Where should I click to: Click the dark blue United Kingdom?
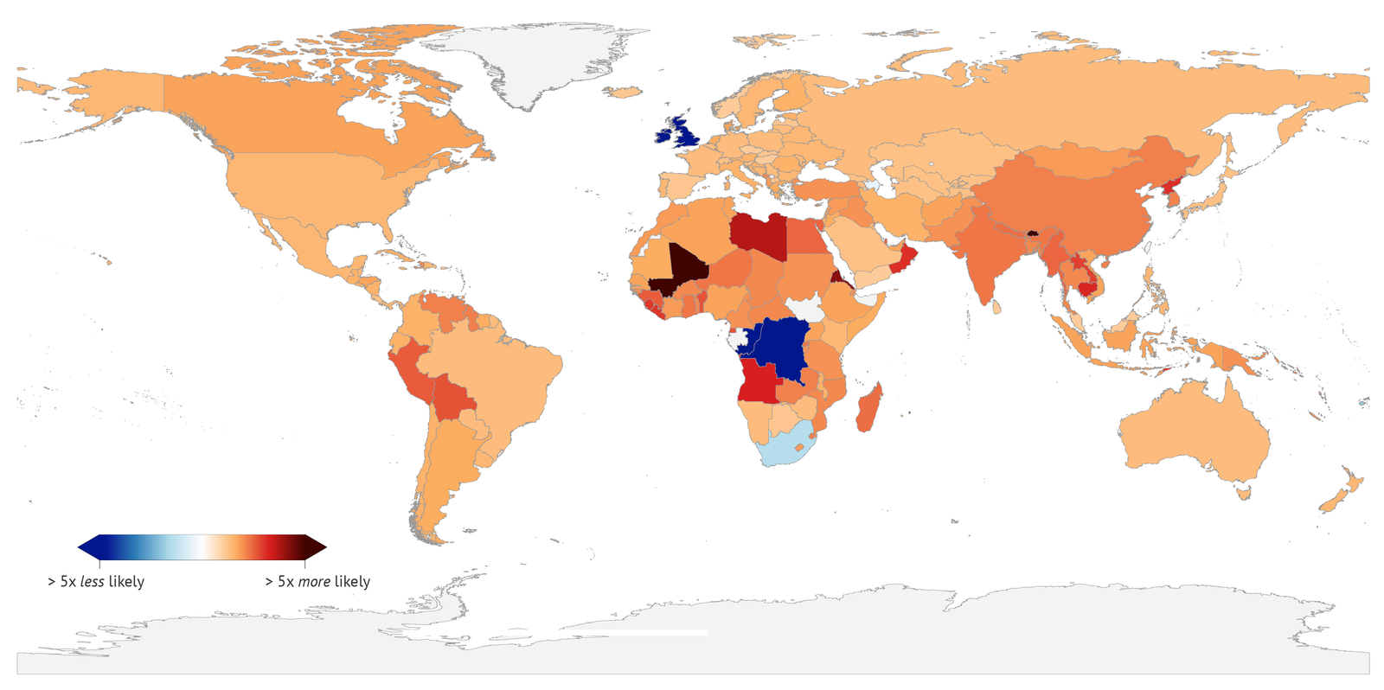688,132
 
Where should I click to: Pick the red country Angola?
759,383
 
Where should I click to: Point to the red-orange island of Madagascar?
869,409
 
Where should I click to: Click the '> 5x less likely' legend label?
96,582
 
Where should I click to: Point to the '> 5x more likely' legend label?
317,582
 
